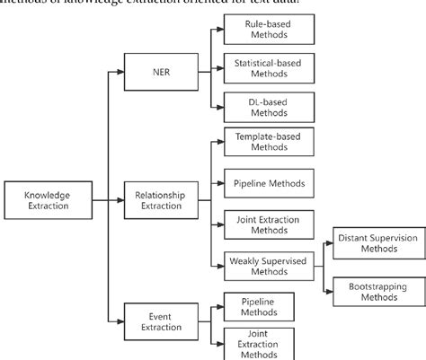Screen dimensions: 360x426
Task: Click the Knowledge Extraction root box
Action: (41, 198)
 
